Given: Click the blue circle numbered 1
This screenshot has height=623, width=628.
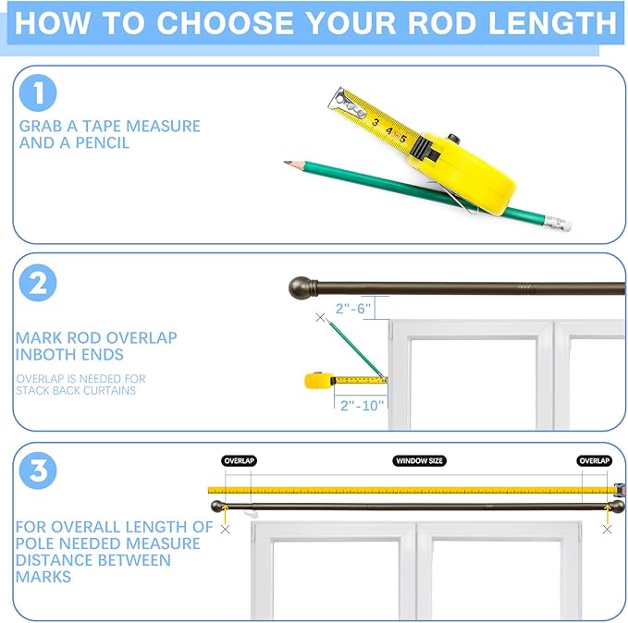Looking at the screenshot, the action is pyautogui.click(x=38, y=92).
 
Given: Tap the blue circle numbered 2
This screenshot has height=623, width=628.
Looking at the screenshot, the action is pyautogui.click(x=38, y=283).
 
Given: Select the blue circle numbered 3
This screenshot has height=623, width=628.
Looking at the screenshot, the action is pyautogui.click(x=38, y=470).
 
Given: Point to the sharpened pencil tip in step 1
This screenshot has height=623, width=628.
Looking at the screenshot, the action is pyautogui.click(x=285, y=162).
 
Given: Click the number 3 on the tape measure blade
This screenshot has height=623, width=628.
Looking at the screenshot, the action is pyautogui.click(x=376, y=122).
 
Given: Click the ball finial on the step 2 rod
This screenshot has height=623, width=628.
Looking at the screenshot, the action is pyautogui.click(x=299, y=287).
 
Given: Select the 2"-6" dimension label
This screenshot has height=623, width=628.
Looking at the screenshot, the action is pyautogui.click(x=353, y=309).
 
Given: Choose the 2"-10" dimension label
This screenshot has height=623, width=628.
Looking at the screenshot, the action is pyautogui.click(x=362, y=406).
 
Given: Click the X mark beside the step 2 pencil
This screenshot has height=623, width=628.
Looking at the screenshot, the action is pyautogui.click(x=320, y=317).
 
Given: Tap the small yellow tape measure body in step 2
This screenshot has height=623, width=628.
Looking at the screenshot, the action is pyautogui.click(x=319, y=381).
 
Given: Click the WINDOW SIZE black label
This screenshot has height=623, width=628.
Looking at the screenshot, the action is pyautogui.click(x=419, y=461).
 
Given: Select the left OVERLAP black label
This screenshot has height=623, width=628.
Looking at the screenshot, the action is pyautogui.click(x=240, y=461).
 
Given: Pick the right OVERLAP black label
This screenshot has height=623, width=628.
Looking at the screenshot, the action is pyautogui.click(x=595, y=461).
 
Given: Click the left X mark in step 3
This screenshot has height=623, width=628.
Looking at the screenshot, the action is pyautogui.click(x=225, y=530).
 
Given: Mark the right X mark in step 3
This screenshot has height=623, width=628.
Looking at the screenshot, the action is pyautogui.click(x=607, y=530).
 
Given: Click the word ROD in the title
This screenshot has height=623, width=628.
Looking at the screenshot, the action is pyautogui.click(x=442, y=23).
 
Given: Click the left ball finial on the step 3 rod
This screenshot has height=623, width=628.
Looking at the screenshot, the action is pyautogui.click(x=217, y=507).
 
